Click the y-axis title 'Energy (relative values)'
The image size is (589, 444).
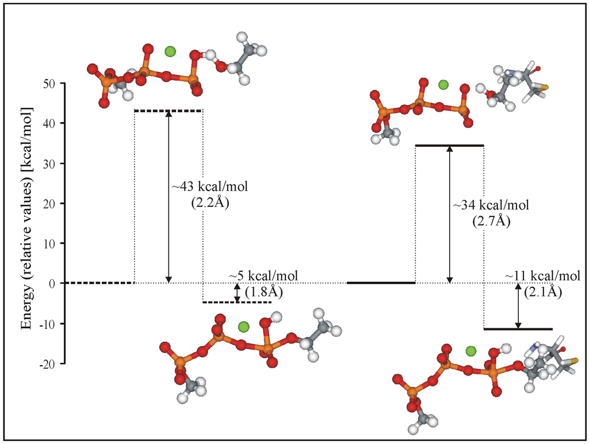point(26,218)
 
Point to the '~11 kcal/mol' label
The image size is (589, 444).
point(542,276)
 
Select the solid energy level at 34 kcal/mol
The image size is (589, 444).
point(449,146)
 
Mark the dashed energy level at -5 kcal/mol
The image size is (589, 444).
point(236,302)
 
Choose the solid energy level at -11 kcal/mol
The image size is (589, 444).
point(518,329)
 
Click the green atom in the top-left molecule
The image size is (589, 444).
point(170,52)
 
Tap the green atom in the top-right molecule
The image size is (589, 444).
point(443,85)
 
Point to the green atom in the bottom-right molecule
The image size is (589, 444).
point(471,350)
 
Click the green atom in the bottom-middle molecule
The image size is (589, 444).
point(243,327)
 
